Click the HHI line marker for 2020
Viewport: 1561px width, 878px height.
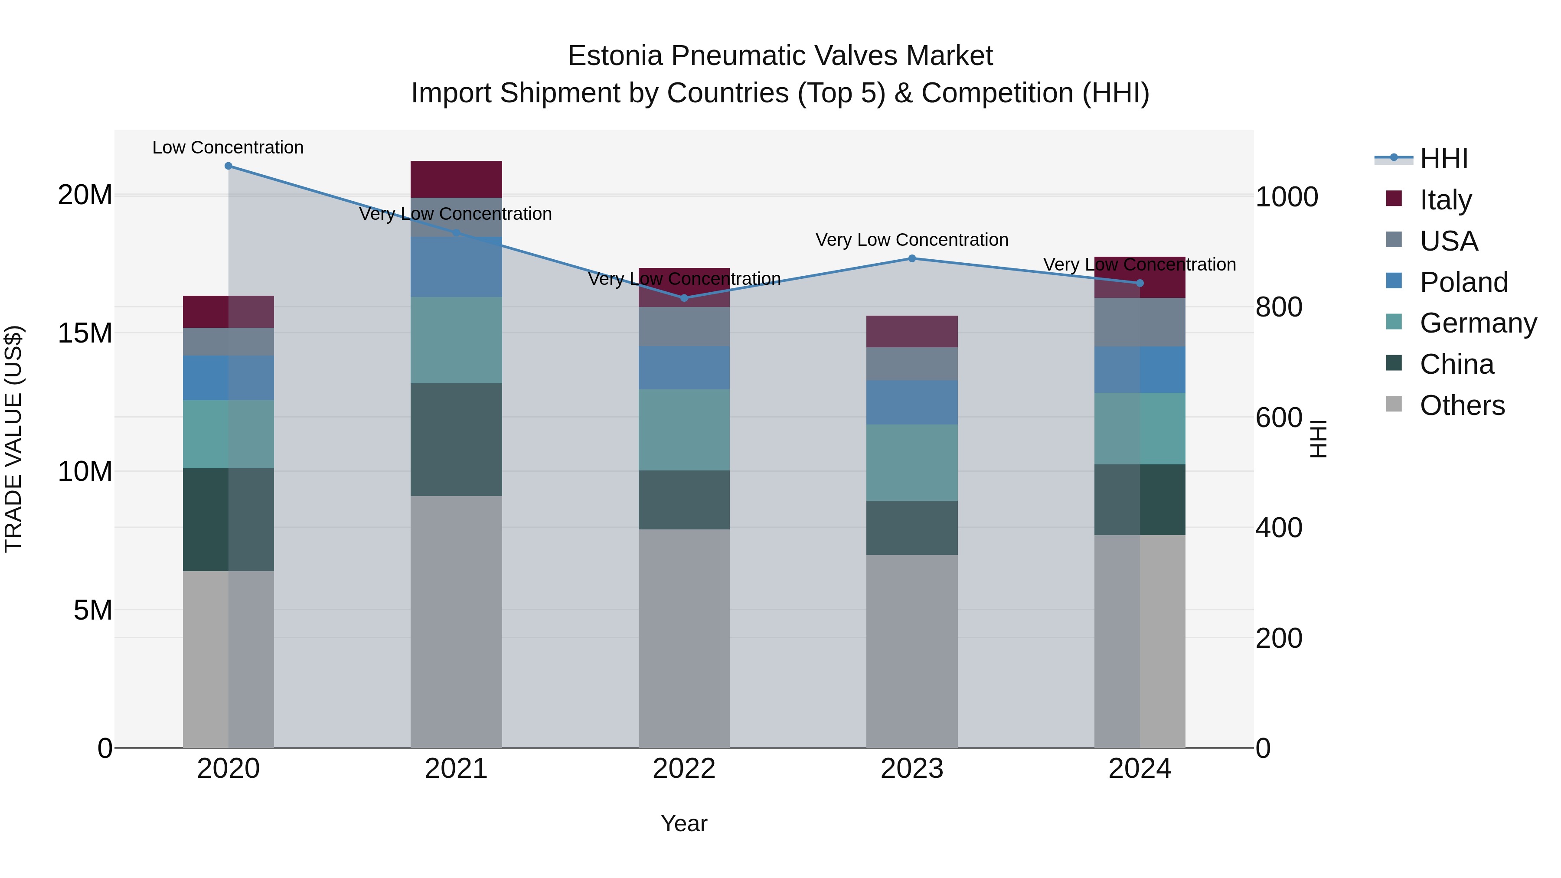click(x=229, y=166)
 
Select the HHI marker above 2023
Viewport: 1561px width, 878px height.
click(x=912, y=259)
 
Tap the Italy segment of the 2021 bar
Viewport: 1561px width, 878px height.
click(x=456, y=180)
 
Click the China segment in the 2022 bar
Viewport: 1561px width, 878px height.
click(x=684, y=500)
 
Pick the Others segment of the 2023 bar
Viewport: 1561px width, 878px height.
click(x=912, y=651)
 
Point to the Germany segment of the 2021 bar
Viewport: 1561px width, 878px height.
click(x=456, y=340)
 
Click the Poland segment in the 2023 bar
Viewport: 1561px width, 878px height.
click(x=912, y=402)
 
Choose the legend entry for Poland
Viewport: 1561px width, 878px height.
click(x=1463, y=282)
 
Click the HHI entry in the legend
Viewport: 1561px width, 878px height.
click(x=1443, y=159)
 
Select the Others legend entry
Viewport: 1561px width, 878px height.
click(x=1462, y=405)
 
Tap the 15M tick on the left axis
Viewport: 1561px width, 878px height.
click(x=85, y=333)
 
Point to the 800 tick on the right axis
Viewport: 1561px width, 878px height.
click(x=1279, y=307)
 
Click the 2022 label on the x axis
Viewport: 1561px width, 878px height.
click(x=684, y=769)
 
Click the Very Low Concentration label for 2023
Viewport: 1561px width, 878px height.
click(x=912, y=240)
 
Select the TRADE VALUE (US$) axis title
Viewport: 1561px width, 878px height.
click(x=13, y=439)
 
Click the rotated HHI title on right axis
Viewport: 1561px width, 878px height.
click(x=1319, y=439)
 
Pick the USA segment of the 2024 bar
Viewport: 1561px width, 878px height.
click(x=1140, y=322)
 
